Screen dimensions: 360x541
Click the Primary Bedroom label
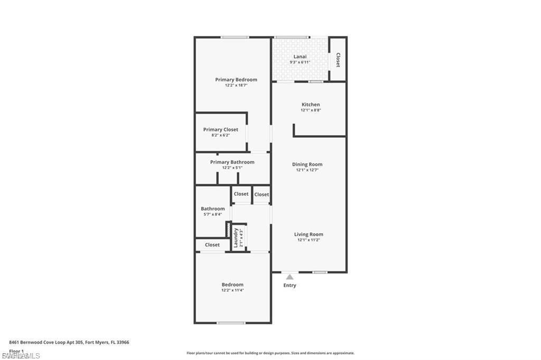[236, 80]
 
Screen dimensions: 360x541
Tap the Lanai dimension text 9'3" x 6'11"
[300, 62]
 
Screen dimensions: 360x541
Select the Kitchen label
[311, 105]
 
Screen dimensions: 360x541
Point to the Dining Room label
[307, 164]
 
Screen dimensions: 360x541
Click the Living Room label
[309, 234]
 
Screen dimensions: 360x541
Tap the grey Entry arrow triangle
[290, 277]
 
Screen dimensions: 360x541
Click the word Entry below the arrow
[290, 286]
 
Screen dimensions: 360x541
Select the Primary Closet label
[220, 129]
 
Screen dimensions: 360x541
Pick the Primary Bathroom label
[232, 162]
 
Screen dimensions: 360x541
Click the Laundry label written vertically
[236, 238]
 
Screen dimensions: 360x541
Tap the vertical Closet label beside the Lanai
[338, 60]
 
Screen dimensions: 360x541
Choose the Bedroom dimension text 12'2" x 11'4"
[232, 290]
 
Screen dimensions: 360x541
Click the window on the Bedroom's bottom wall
[231, 323]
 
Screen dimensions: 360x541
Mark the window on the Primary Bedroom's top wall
[235, 37]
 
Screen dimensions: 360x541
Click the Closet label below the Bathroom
[212, 245]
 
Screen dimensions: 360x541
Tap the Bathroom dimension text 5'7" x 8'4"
[212, 214]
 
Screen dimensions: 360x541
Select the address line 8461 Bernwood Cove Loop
[69, 342]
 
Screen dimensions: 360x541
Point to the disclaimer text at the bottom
[270, 353]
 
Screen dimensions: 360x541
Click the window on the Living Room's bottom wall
[320, 272]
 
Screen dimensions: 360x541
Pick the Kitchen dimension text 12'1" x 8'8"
[311, 110]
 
